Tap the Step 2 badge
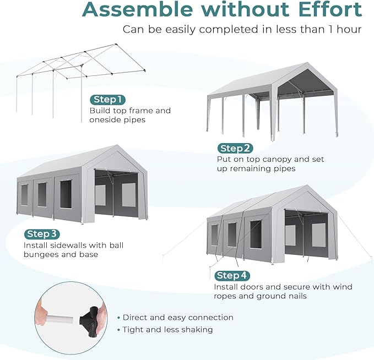click(235, 148)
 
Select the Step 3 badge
click(42, 234)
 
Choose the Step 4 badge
click(232, 275)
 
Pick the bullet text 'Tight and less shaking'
click(167, 330)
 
